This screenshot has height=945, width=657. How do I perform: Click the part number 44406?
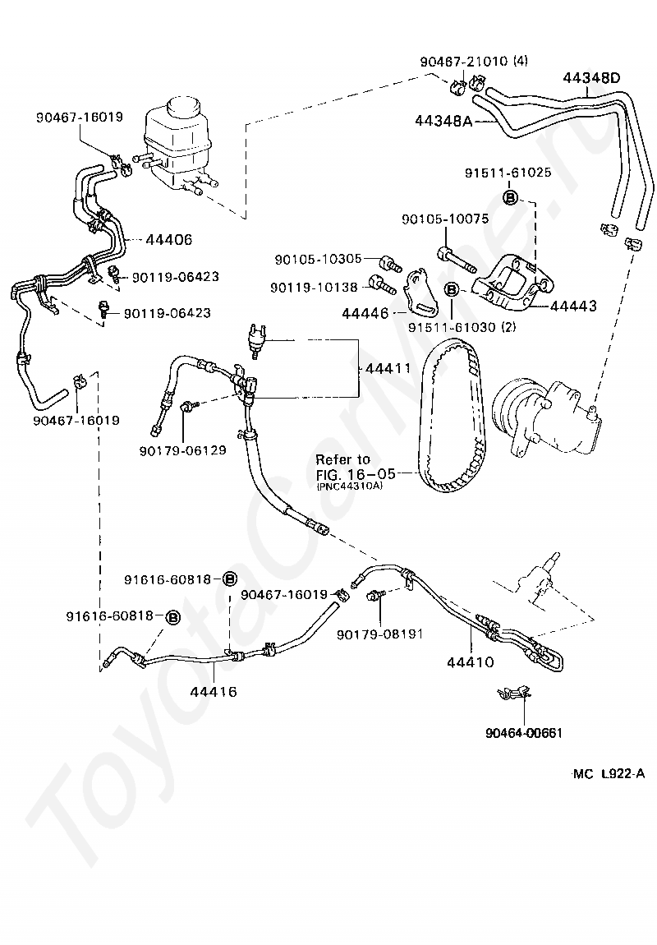[169, 240]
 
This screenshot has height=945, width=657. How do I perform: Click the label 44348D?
[592, 78]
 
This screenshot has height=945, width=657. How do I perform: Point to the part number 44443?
[573, 306]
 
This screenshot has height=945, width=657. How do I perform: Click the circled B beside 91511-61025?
[510, 197]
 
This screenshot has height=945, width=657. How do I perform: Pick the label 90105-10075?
[445, 219]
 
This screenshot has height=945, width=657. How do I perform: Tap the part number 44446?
[365, 313]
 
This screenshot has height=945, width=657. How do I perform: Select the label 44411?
[388, 368]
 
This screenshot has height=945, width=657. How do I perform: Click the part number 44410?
[471, 661]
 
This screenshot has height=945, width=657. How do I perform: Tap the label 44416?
[214, 692]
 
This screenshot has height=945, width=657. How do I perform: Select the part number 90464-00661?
[524, 733]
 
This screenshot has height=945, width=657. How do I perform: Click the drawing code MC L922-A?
[609, 774]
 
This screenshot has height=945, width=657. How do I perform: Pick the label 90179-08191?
[380, 634]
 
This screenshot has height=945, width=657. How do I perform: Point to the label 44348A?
[443, 121]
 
